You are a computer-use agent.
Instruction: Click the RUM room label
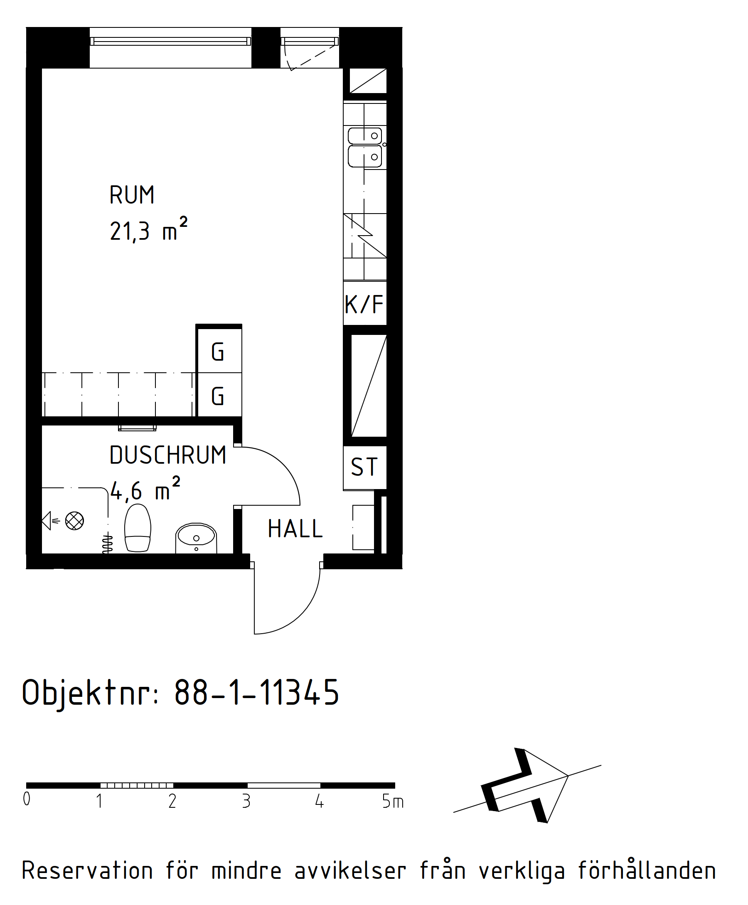click(132, 195)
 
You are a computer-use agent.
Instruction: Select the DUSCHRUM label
click(167, 455)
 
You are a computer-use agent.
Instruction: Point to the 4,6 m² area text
click(145, 489)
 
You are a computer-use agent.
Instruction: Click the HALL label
click(295, 529)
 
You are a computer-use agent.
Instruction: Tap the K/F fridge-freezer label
click(364, 305)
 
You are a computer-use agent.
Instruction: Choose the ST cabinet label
click(364, 467)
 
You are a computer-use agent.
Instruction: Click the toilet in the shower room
click(138, 528)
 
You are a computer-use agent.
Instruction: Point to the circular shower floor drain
click(74, 521)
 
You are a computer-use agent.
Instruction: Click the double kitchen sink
click(365, 147)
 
